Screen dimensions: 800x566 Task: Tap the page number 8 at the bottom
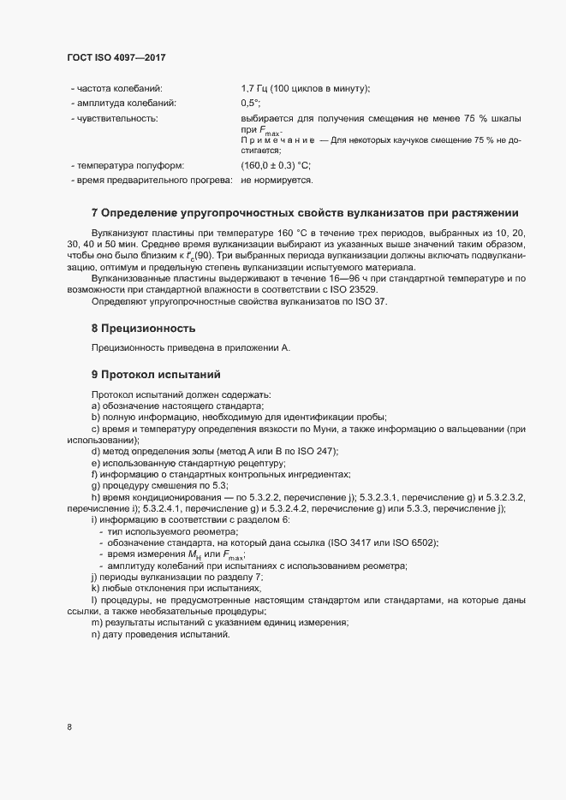pyautogui.click(x=69, y=727)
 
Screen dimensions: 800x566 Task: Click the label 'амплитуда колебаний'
pyautogui.click(x=124, y=103)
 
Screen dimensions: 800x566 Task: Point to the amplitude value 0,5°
pyautogui.click(x=250, y=103)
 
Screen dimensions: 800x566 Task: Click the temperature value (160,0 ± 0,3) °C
pyautogui.click(x=275, y=165)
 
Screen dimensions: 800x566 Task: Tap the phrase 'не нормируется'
pyautogui.click(x=277, y=181)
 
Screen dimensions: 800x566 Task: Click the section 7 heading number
pyautogui.click(x=94, y=212)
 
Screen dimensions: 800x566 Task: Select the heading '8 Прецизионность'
pyautogui.click(x=144, y=329)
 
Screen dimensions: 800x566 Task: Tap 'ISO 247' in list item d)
pyautogui.click(x=320, y=451)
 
